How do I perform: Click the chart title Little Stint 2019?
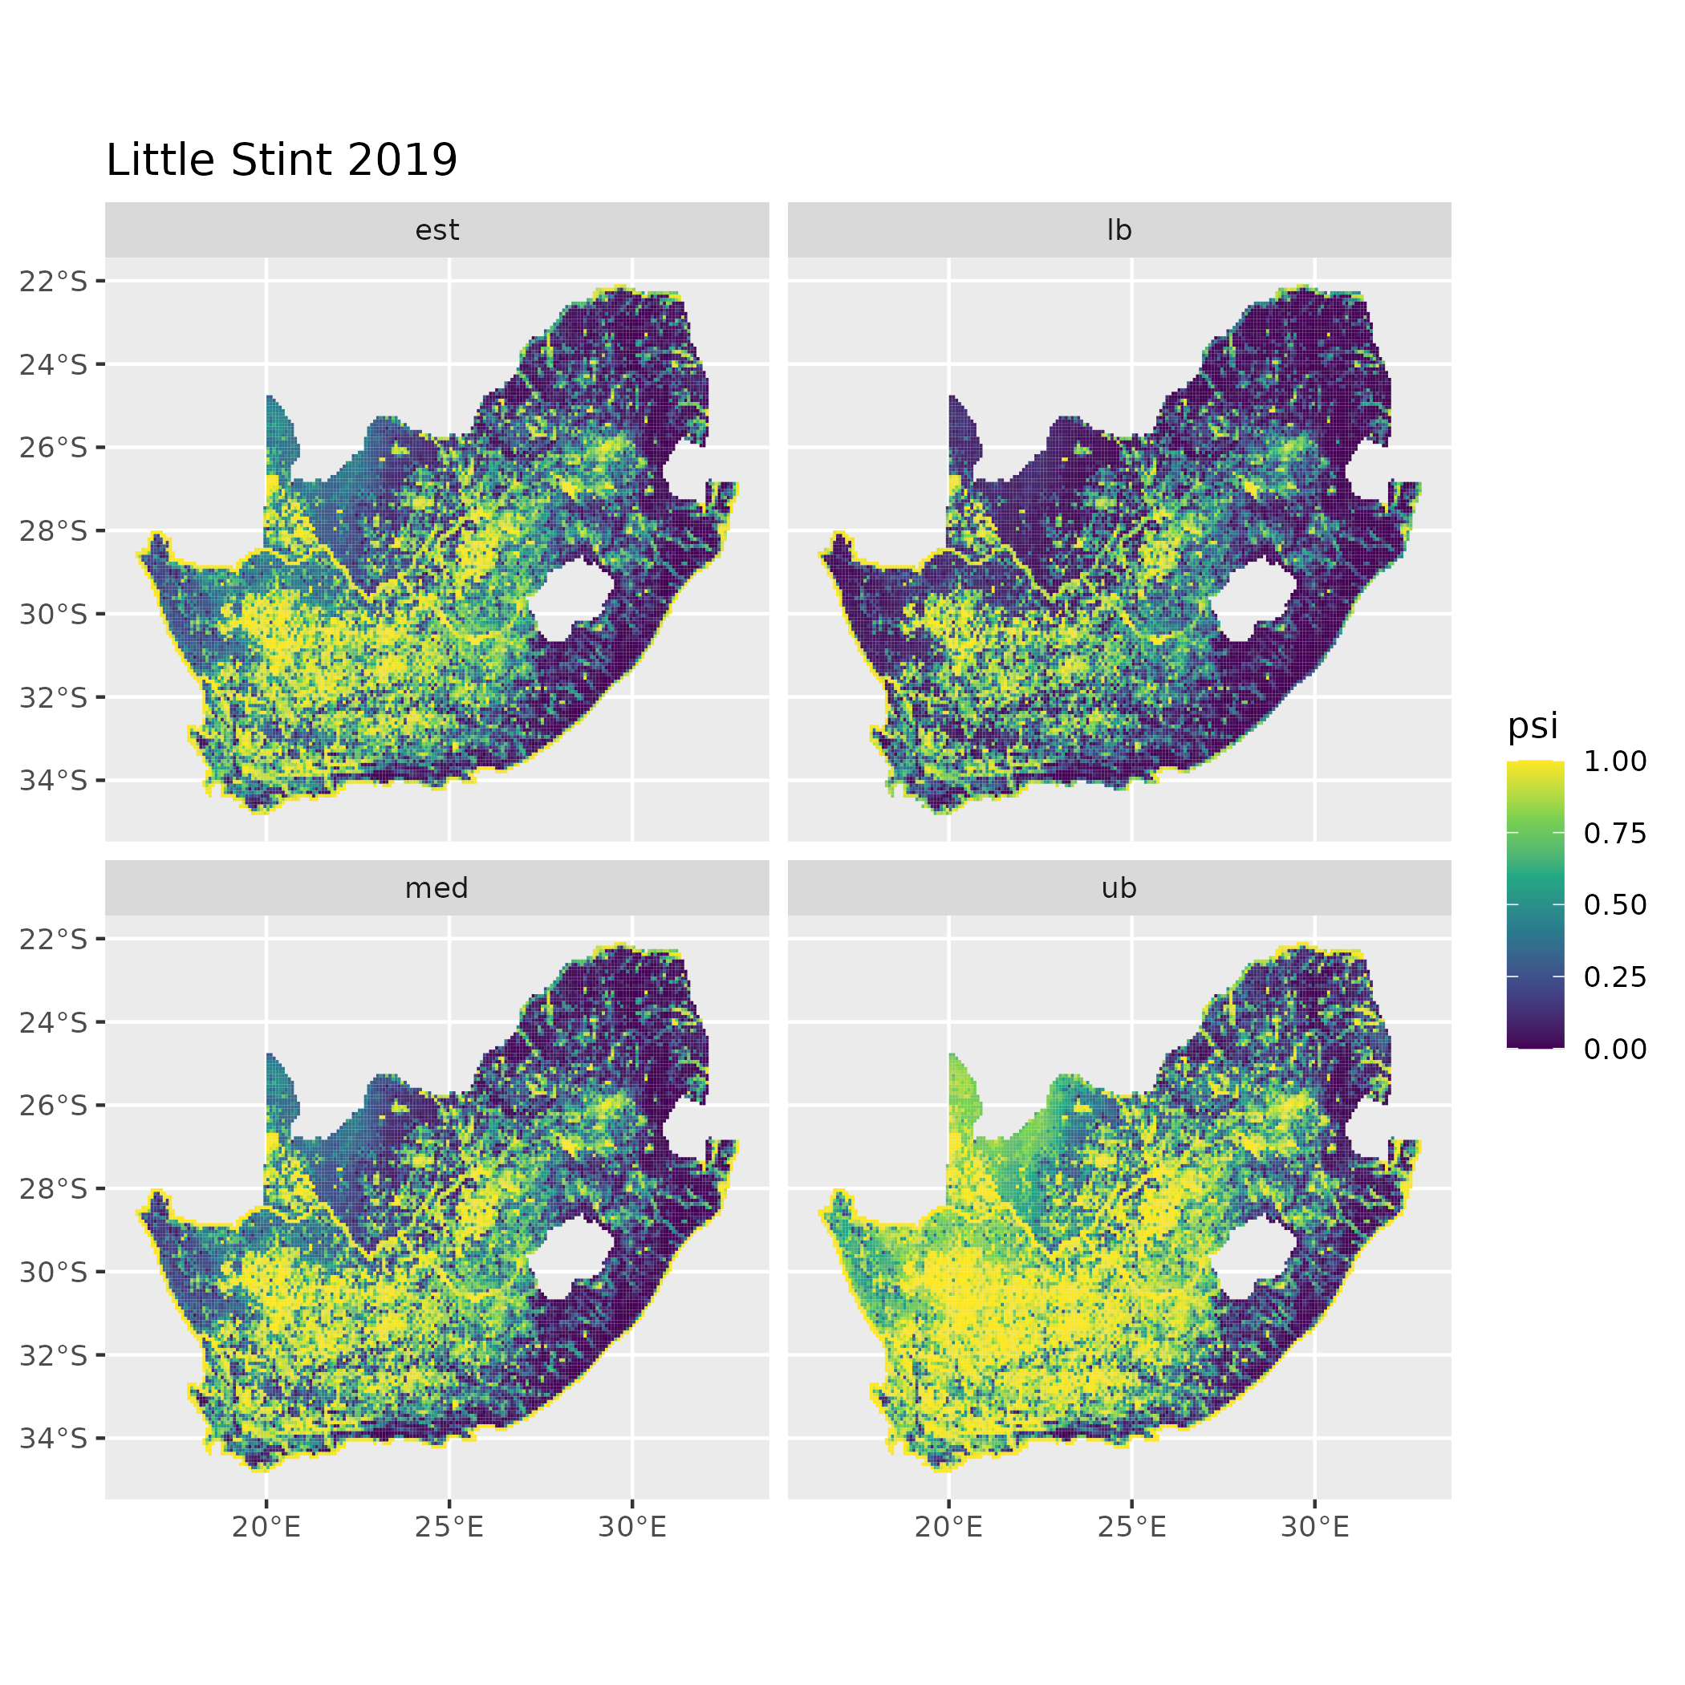281,160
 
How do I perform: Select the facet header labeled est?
437,230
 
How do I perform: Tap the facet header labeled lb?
1119,230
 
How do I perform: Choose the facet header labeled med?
437,888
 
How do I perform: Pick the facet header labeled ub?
1119,888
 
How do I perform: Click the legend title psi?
1533,725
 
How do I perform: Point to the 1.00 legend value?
1615,761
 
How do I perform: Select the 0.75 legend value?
1615,834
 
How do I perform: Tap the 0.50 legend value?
1615,905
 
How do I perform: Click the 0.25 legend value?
1615,976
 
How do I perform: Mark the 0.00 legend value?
1615,1050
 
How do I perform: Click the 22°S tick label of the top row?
54,282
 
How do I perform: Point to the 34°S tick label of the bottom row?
54,1438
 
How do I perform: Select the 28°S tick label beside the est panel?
54,531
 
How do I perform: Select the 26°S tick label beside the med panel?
54,1106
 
